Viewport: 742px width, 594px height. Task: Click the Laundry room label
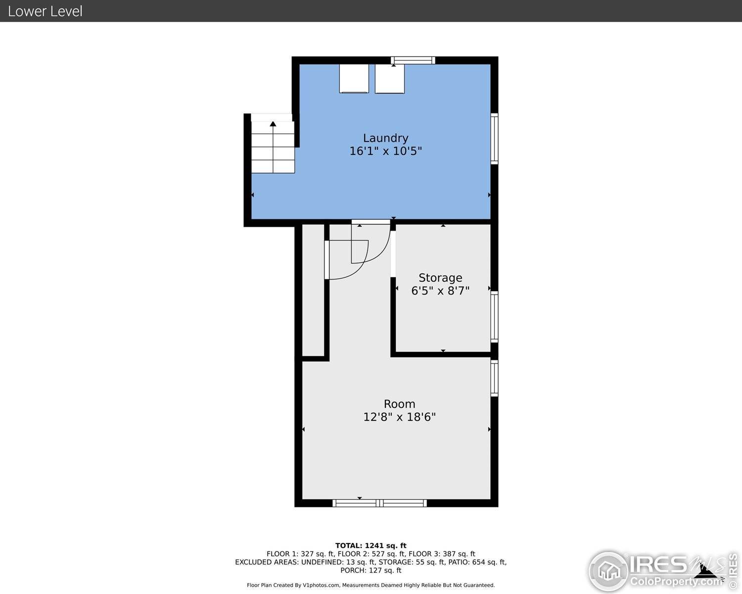[385, 138]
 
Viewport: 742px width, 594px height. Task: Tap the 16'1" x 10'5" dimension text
[385, 151]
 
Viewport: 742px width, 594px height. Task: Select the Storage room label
[440, 278]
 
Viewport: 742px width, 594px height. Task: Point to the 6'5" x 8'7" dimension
[440, 291]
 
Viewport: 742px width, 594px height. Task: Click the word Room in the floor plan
[399, 404]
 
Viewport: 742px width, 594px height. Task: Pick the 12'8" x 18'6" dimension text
[399, 417]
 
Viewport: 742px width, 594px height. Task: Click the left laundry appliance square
[354, 78]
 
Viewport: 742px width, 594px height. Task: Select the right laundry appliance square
[390, 78]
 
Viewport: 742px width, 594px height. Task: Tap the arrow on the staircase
[273, 124]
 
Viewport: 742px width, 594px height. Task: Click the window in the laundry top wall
[413, 60]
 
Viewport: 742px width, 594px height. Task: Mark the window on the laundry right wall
[494, 139]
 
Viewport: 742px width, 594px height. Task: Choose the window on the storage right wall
[494, 317]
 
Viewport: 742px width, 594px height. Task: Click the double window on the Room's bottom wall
[379, 503]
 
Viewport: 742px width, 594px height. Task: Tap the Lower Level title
[45, 11]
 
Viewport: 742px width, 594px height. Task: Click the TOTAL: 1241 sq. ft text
[371, 545]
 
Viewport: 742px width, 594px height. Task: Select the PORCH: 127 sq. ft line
[371, 570]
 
